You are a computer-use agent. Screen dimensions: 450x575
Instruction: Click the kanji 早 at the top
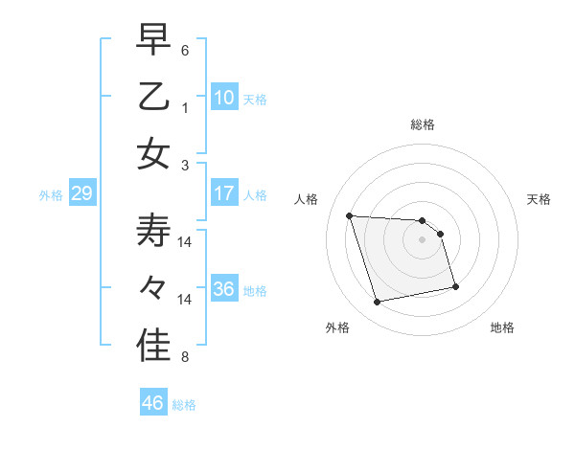point(154,41)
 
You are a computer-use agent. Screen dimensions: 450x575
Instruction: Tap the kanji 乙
point(154,97)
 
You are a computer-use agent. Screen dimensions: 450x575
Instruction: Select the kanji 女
point(154,152)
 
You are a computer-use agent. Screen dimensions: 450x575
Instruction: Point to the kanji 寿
point(154,232)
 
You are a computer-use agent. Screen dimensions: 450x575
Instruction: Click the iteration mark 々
point(154,287)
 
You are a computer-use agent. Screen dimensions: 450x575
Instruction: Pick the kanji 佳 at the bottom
point(154,346)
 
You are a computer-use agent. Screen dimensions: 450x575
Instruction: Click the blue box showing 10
point(223,97)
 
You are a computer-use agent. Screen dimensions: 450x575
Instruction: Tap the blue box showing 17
point(223,193)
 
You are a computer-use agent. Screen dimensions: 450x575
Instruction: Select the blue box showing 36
point(223,288)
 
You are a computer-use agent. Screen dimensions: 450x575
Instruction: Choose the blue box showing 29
point(81,194)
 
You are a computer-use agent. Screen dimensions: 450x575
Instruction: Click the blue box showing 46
point(152,403)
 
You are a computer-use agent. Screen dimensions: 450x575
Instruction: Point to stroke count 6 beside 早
point(185,50)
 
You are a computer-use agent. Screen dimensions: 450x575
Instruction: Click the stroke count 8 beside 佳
point(185,358)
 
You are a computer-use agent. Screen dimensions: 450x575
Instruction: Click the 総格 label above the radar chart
point(423,124)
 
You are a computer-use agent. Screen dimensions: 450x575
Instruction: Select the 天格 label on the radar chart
point(540,199)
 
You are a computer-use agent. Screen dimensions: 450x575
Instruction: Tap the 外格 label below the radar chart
point(337,327)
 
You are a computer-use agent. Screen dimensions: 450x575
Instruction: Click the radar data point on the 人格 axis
point(350,215)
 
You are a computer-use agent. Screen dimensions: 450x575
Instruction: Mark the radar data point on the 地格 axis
point(455,286)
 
